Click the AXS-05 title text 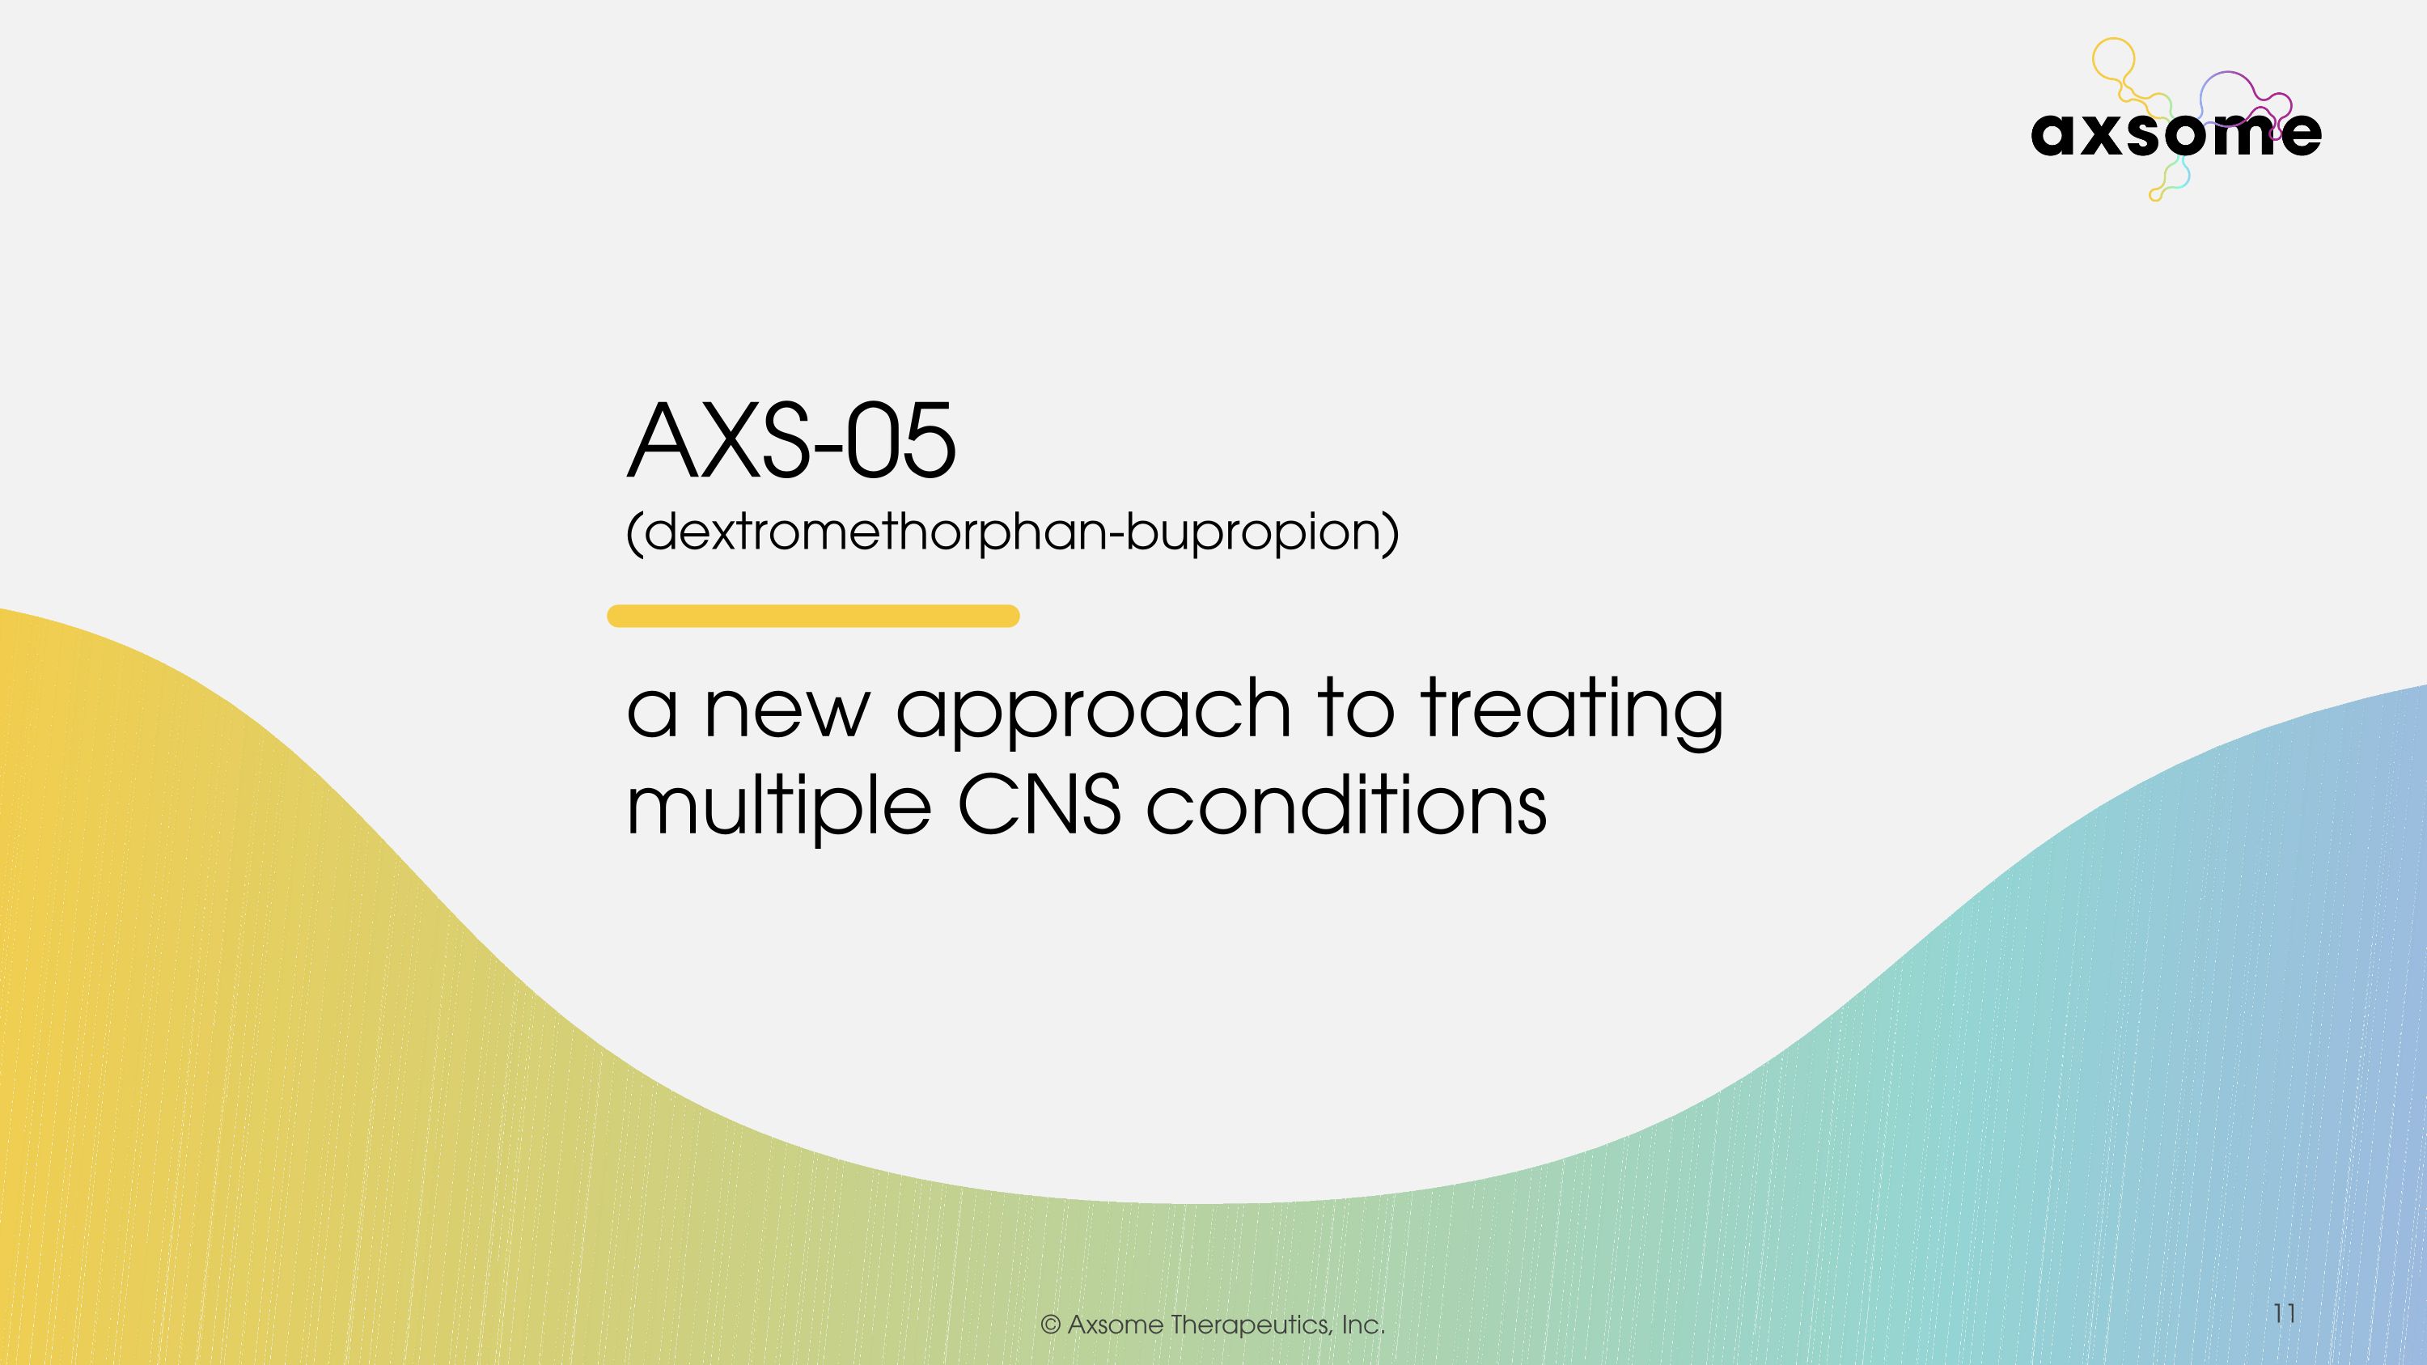[791, 441]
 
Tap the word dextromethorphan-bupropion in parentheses [1013, 532]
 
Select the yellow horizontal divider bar [813, 616]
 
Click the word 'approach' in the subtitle [1093, 711]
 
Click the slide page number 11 [2284, 1313]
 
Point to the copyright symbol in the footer [1051, 1325]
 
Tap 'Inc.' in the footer [1363, 1325]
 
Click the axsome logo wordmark [2175, 134]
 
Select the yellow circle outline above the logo [2112, 58]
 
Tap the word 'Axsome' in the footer [1116, 1325]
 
